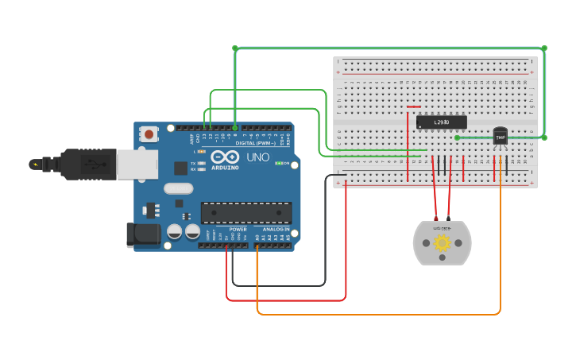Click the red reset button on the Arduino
tap(149, 134)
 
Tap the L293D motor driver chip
tap(441, 122)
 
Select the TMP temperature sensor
tap(500, 137)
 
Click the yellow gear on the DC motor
tap(442, 243)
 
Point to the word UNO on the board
tap(258, 157)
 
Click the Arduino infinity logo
tap(225, 157)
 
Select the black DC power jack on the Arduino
tap(143, 235)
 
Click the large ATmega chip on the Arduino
tap(245, 212)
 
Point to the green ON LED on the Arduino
tap(277, 163)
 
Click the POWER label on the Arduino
tap(238, 229)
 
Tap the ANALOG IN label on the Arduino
tap(276, 229)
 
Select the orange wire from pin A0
tap(377, 314)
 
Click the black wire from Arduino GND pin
tap(278, 285)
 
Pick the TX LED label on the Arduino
tap(193, 163)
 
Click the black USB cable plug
tap(87, 165)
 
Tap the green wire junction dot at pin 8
tap(235, 127)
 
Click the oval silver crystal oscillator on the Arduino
tap(179, 189)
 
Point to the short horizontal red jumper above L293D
tap(413, 106)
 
